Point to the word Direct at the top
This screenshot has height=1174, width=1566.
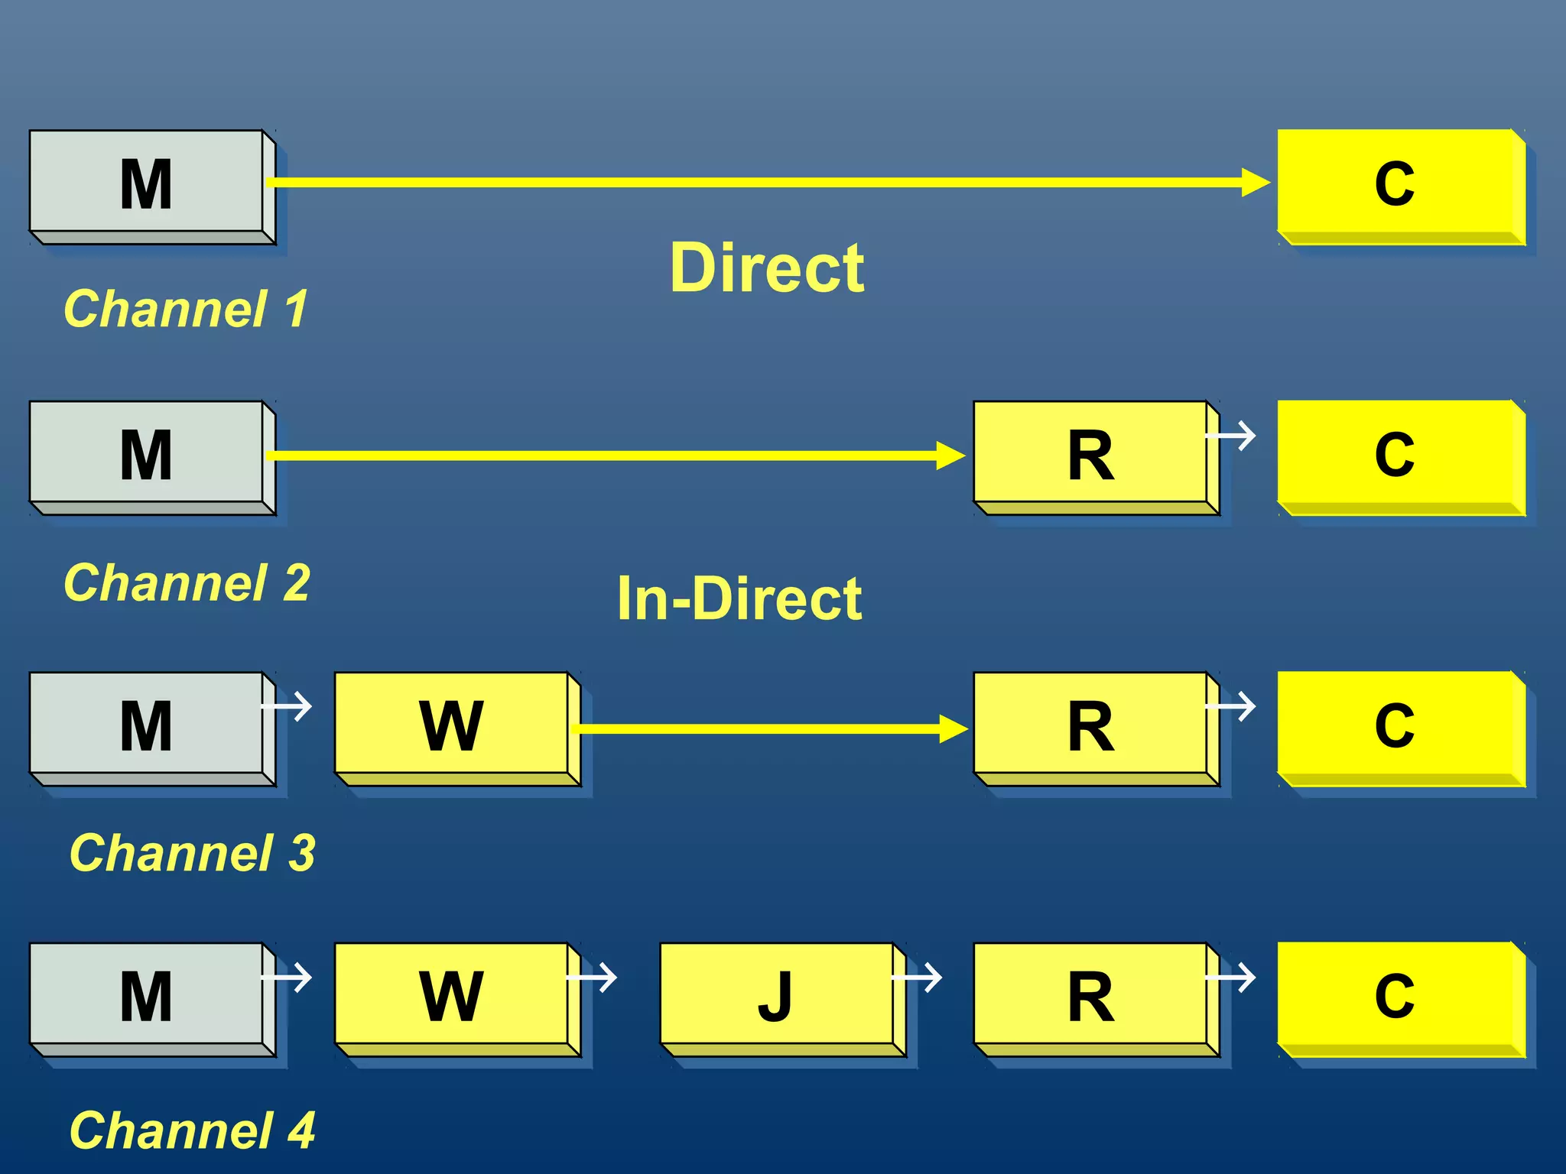point(767,268)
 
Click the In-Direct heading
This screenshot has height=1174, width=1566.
point(739,598)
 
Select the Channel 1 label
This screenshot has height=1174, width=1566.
point(186,309)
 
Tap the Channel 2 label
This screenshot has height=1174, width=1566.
point(187,583)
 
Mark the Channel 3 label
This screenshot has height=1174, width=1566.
point(192,853)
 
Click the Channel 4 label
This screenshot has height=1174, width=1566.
point(192,1130)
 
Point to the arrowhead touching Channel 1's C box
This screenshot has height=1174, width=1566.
point(1256,183)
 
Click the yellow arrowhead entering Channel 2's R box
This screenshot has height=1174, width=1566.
point(951,456)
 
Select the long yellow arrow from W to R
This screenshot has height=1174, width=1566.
point(765,728)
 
